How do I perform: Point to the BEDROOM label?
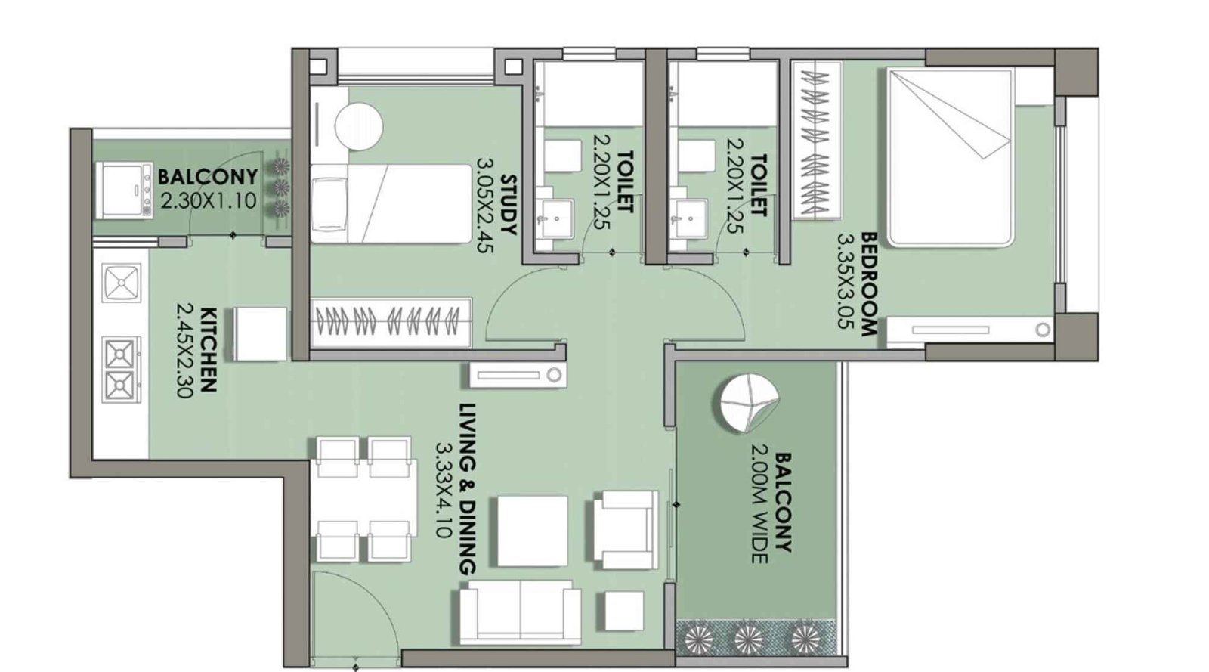tap(869, 283)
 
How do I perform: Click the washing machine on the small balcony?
tap(124, 190)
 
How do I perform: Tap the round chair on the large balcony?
tap(746, 403)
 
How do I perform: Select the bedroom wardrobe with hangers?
tap(815, 141)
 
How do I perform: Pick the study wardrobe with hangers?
tap(391, 323)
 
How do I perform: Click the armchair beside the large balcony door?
tap(624, 528)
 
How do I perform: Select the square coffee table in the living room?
tap(532, 530)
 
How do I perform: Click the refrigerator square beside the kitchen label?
tap(260, 333)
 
